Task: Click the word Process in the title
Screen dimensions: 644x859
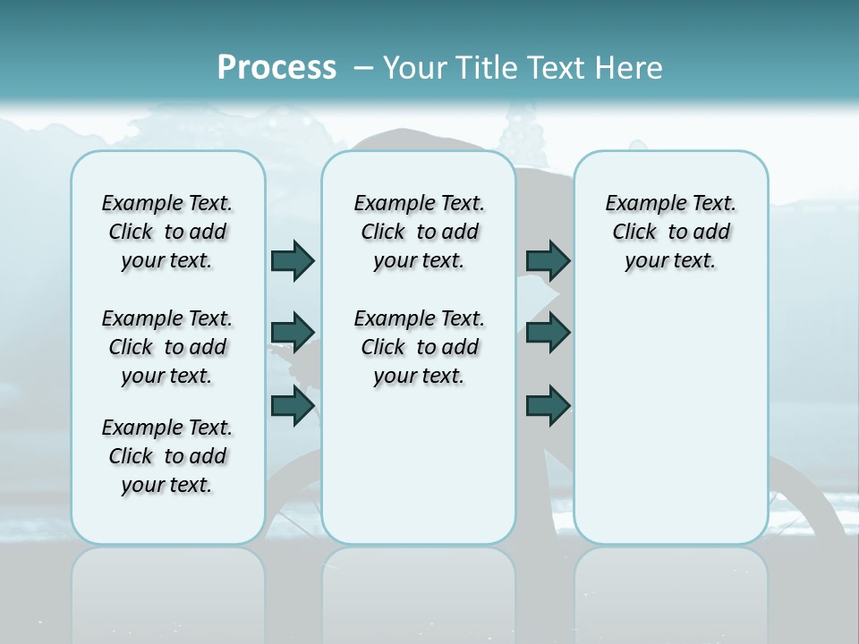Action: click(x=276, y=67)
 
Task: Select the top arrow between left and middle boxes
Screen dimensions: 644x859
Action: click(x=293, y=260)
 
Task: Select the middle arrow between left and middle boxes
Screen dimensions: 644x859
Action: click(x=293, y=333)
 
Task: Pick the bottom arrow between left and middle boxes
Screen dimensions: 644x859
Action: click(x=293, y=406)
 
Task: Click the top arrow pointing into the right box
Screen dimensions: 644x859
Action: click(x=548, y=260)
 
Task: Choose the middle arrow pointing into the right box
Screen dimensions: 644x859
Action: click(x=548, y=333)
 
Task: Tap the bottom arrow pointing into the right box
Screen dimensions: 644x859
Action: click(x=548, y=406)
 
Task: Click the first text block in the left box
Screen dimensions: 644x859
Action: click(x=167, y=232)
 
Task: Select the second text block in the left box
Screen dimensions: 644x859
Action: click(x=167, y=347)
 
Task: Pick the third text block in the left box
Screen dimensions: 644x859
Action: click(x=167, y=456)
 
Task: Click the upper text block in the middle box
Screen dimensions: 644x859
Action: click(x=419, y=232)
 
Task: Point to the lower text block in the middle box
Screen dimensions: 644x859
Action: click(x=419, y=347)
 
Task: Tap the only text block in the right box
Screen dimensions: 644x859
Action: click(x=670, y=232)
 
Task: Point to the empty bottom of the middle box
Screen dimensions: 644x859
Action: click(x=419, y=474)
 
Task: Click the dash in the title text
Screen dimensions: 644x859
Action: click(x=363, y=67)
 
